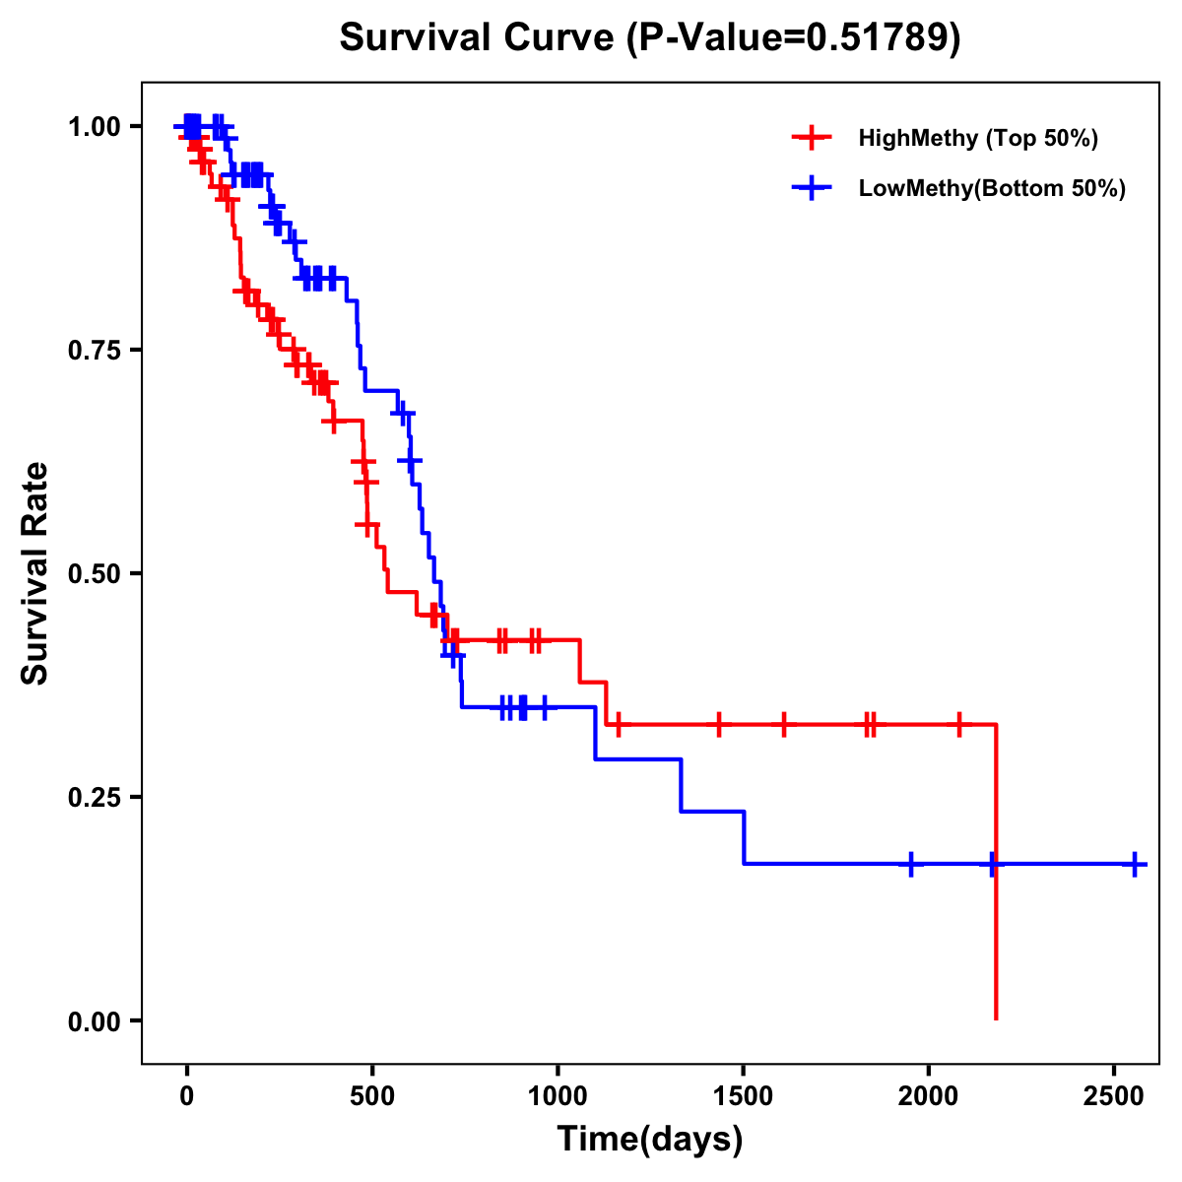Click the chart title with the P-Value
(649, 38)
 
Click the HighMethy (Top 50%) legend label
(977, 138)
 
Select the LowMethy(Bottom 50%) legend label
(992, 189)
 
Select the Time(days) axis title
(650, 1140)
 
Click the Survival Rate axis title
(36, 573)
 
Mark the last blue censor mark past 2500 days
(1135, 864)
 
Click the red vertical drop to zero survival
(996, 886)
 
